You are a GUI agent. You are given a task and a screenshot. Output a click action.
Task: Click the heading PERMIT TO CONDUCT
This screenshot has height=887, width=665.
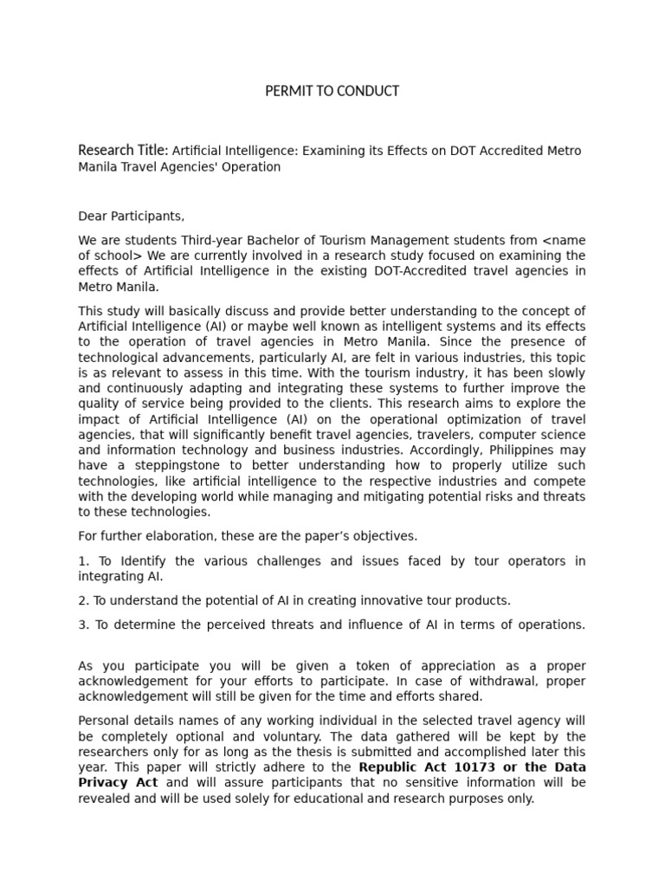(332, 91)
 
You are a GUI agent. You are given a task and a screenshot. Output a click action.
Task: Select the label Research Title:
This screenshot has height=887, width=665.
(123, 151)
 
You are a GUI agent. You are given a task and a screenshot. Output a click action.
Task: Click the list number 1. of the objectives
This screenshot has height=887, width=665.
(83, 560)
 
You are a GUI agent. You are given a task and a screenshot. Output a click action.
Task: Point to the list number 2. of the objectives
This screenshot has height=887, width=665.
(84, 600)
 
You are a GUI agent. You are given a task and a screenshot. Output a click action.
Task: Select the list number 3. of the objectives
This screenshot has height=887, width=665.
(83, 625)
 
